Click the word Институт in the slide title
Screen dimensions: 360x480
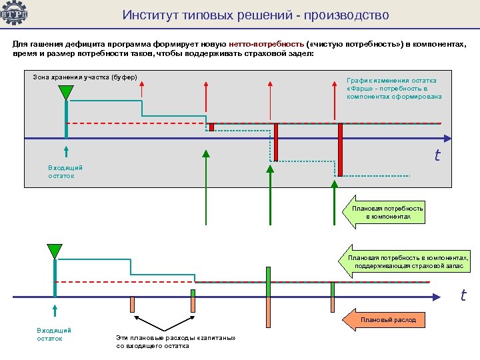point(147,15)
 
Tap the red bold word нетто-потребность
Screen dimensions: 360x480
point(265,43)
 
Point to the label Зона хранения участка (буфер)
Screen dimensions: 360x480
point(85,77)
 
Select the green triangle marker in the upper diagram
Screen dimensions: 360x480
point(65,91)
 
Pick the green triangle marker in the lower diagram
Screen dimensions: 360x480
point(54,251)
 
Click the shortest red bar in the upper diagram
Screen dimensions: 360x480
point(211,127)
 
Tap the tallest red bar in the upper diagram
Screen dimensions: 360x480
point(340,149)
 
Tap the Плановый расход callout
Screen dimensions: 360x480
point(387,320)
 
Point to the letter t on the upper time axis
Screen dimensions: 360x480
point(437,156)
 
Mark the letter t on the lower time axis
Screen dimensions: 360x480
point(462,294)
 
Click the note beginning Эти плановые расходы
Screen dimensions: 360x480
point(176,342)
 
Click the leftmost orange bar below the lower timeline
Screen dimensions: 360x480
point(132,304)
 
